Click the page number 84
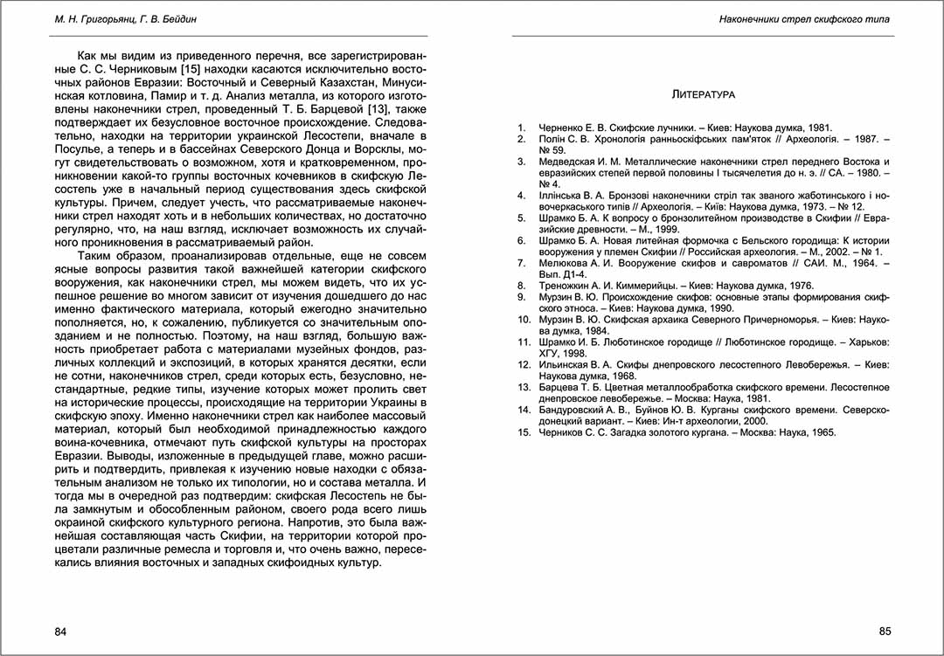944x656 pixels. pyautogui.click(x=60, y=632)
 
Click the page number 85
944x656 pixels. pyautogui.click(x=884, y=632)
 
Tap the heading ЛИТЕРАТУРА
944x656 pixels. pyautogui.click(x=703, y=93)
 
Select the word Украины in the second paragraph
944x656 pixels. pyautogui.click(x=397, y=402)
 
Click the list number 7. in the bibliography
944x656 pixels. pyautogui.click(x=522, y=262)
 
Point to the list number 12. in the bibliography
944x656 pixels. pyautogui.click(x=524, y=364)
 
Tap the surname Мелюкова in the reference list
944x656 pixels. pyautogui.click(x=566, y=262)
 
